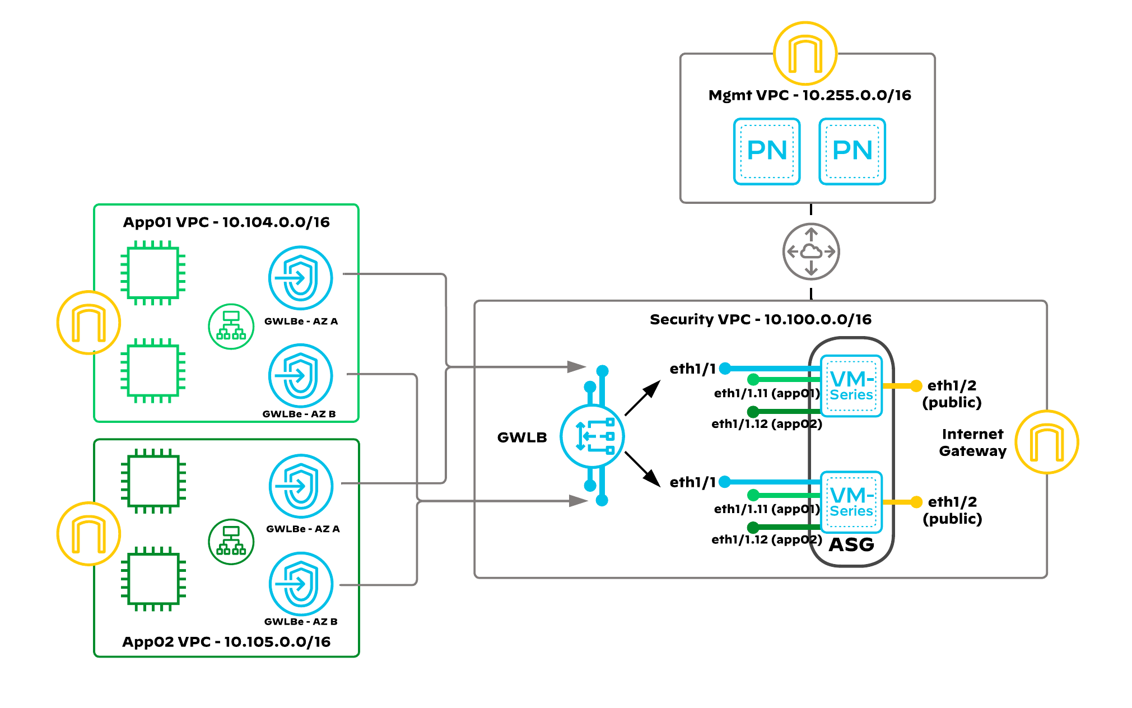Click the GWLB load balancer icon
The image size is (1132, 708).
(592, 436)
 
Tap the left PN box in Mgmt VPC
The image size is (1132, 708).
(767, 151)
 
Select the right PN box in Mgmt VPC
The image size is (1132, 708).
(852, 151)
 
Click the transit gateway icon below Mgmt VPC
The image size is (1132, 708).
(810, 251)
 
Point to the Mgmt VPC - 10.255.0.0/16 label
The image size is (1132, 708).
(809, 95)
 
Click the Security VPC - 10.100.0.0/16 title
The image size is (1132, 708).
(760, 319)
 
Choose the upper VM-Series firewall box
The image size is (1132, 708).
(851, 386)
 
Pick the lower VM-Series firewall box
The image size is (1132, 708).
(851, 502)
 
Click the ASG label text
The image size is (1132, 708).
(851, 544)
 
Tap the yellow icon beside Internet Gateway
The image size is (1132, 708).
(1046, 442)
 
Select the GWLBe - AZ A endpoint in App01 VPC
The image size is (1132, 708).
(301, 278)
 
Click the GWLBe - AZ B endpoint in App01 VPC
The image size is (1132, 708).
(301, 375)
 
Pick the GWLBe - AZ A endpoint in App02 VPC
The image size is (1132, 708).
(301, 486)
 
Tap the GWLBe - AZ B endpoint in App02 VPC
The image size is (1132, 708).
(301, 584)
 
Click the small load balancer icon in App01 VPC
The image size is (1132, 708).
(231, 327)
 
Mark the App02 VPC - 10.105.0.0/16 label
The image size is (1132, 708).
(226, 642)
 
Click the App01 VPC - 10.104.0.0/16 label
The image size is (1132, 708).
(226, 222)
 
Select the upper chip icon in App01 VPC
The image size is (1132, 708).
(153, 273)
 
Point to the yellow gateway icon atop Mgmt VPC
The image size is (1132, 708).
(805, 54)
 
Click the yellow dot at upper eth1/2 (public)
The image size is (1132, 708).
(916, 385)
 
